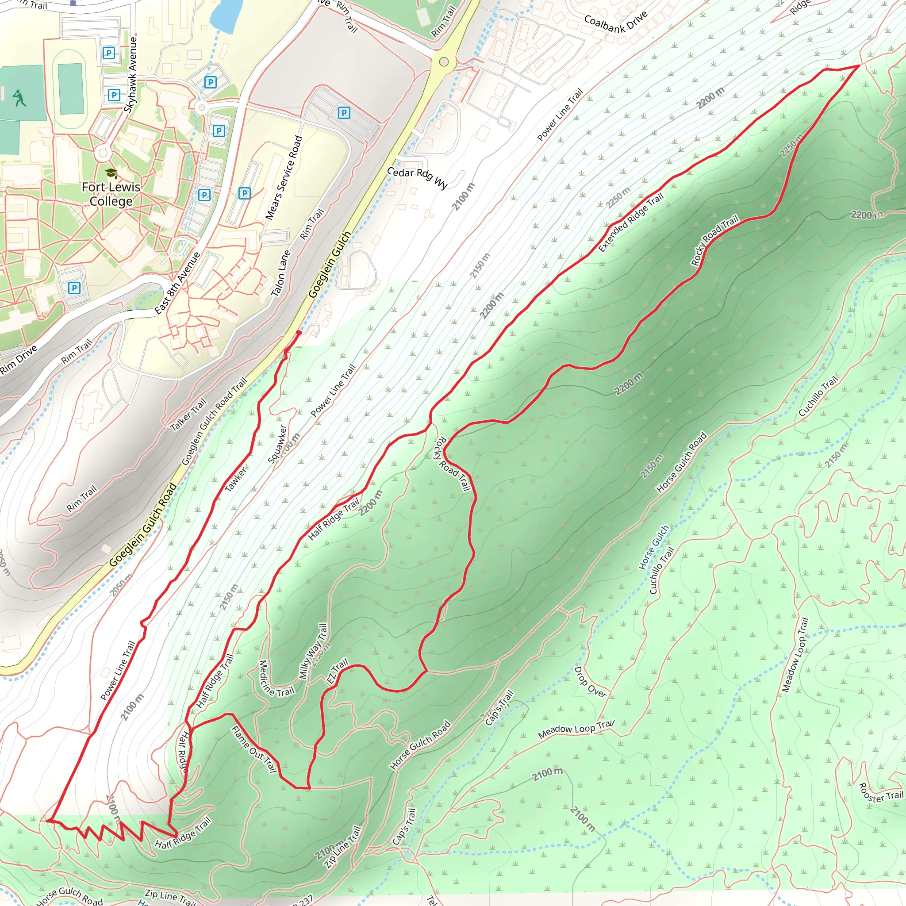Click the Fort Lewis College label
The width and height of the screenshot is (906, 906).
(x=111, y=194)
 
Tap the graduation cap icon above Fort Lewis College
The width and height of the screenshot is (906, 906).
(x=111, y=173)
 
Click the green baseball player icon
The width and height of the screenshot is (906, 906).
(x=19, y=97)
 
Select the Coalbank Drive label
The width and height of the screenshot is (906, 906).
(x=616, y=22)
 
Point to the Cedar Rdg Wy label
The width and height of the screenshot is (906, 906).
(x=417, y=177)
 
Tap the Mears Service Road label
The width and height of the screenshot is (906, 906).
(x=284, y=178)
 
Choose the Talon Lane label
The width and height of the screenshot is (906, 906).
(x=281, y=273)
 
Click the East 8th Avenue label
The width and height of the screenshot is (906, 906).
(x=177, y=283)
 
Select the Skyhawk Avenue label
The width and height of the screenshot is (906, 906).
(x=131, y=75)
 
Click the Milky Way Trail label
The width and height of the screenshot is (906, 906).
(x=313, y=651)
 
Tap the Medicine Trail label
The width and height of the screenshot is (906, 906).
(x=276, y=679)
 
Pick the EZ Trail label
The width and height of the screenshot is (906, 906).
(x=337, y=671)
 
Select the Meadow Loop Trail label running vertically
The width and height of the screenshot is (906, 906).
(x=795, y=655)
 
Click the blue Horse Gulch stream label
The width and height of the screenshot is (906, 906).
(x=654, y=548)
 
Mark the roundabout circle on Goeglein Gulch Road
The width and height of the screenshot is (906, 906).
(x=444, y=61)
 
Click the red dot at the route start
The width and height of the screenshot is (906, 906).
(x=299, y=333)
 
